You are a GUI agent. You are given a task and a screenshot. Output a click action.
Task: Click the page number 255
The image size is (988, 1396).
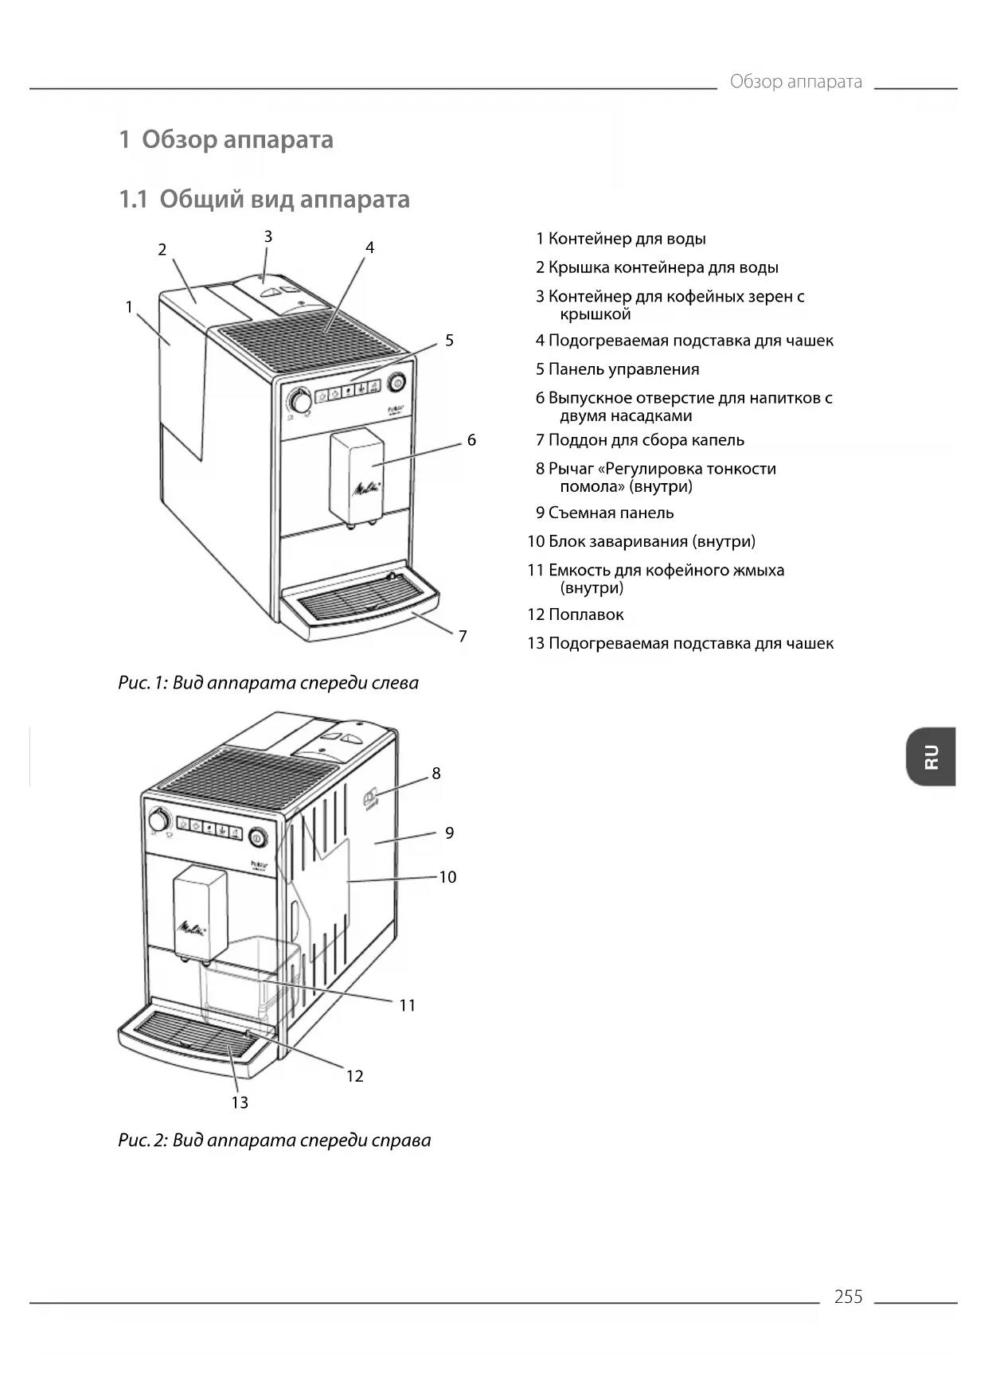click(848, 1297)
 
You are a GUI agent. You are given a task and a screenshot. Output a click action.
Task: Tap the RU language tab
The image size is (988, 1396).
click(931, 756)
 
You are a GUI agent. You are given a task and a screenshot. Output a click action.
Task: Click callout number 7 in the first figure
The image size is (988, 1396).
click(463, 636)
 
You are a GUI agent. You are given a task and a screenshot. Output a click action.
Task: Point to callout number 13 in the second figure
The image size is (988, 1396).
click(240, 1102)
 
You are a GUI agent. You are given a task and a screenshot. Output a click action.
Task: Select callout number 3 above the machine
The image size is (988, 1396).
click(268, 236)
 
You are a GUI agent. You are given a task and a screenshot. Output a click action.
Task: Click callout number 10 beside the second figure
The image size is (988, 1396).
click(447, 877)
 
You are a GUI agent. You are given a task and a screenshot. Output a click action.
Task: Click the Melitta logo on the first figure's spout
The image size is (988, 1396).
click(366, 488)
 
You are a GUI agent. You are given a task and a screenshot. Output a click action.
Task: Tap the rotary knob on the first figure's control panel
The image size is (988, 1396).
click(299, 400)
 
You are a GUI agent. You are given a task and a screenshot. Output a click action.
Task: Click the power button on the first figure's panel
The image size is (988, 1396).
click(396, 384)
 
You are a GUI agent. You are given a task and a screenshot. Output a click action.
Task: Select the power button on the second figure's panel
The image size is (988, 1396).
click(257, 837)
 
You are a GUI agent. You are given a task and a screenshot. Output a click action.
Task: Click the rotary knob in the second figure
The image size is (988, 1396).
click(159, 820)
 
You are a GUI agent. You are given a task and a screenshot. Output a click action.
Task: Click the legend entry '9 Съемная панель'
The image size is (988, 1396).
click(604, 513)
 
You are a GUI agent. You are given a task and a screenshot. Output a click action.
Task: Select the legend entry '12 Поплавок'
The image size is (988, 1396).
click(576, 614)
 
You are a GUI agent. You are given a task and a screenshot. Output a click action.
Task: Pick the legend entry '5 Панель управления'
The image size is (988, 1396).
click(617, 369)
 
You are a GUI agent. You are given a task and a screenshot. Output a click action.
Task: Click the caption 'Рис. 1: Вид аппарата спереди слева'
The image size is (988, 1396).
click(268, 683)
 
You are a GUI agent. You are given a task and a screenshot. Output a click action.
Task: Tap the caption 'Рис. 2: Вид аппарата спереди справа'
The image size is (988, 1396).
click(275, 1140)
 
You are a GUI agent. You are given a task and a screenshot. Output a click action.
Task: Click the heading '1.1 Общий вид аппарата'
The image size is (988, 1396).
click(264, 199)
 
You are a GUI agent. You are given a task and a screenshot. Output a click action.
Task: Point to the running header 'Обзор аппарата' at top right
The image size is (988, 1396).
click(795, 82)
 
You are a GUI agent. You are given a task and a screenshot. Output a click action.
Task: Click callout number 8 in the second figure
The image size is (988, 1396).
click(436, 774)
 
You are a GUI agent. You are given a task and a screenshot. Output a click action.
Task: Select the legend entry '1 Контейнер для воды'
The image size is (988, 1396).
click(620, 239)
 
